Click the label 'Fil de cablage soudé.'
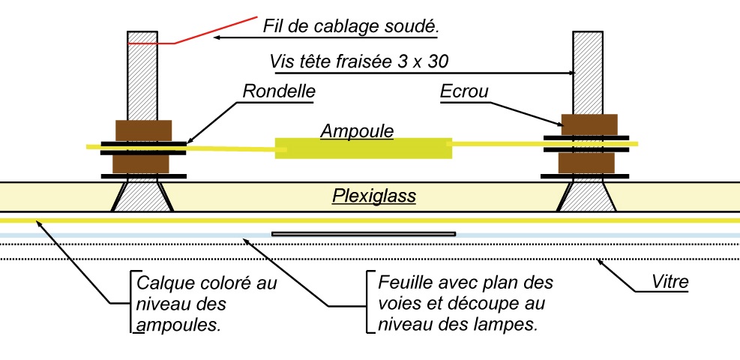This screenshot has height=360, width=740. pyautogui.click(x=350, y=27)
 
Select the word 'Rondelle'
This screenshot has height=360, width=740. pyautogui.click(x=279, y=91)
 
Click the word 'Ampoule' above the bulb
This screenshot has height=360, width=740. pyautogui.click(x=357, y=130)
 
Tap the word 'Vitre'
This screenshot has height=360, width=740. pyautogui.click(x=669, y=283)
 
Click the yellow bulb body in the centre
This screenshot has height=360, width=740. pyautogui.click(x=364, y=148)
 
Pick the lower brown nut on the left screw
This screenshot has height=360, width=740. pyautogui.click(x=143, y=163)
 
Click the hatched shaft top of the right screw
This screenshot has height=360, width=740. pyautogui.click(x=588, y=60)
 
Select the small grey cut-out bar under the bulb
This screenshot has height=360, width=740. pyautogui.click(x=364, y=234)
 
